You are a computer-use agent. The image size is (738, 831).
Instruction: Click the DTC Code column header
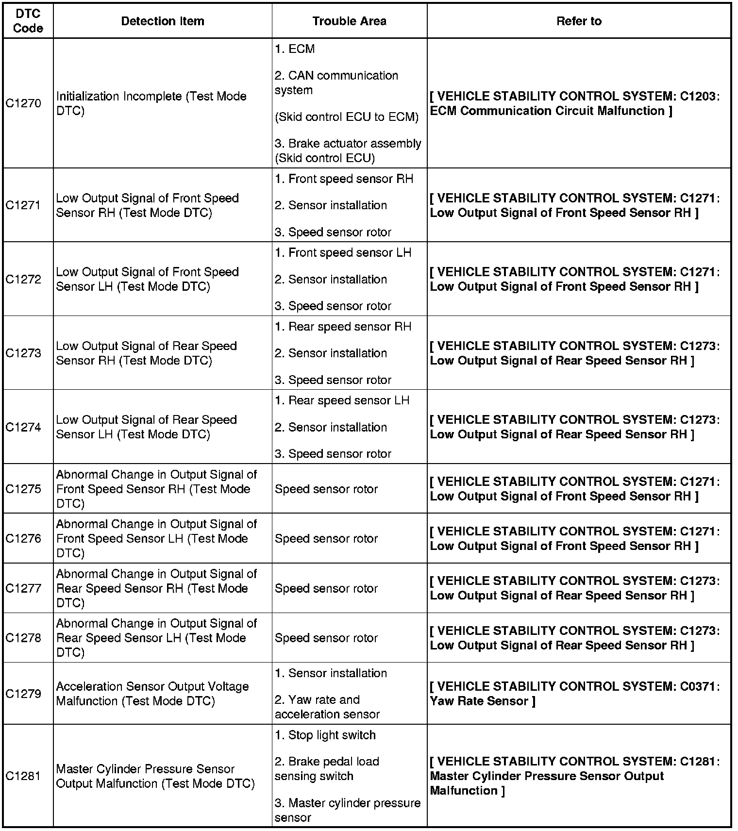pyautogui.click(x=28, y=21)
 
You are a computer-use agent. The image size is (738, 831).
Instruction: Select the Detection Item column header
pyautogui.click(x=162, y=21)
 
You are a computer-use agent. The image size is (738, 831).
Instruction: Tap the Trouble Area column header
pyautogui.click(x=349, y=21)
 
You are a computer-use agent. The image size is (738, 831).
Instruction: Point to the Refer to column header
pyautogui.click(x=579, y=21)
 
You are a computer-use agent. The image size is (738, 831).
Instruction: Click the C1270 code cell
pyautogui.click(x=23, y=103)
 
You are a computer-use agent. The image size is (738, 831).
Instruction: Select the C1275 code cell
pyautogui.click(x=23, y=489)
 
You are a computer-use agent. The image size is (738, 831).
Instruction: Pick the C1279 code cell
pyautogui.click(x=23, y=694)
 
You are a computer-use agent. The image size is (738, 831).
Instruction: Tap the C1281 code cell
pyautogui.click(x=23, y=776)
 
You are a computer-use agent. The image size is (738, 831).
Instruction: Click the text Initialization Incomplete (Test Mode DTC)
pyautogui.click(x=151, y=103)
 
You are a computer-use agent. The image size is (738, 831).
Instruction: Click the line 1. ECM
pyautogui.click(x=295, y=49)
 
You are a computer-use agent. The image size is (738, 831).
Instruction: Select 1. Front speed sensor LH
pyautogui.click(x=343, y=253)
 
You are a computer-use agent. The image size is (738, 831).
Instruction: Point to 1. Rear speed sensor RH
pyautogui.click(x=343, y=327)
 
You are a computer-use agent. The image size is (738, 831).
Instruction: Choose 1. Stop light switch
pyautogui.click(x=325, y=735)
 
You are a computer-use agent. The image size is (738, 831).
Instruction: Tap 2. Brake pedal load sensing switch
pyautogui.click(x=327, y=769)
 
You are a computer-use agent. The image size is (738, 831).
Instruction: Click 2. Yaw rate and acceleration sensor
pyautogui.click(x=327, y=707)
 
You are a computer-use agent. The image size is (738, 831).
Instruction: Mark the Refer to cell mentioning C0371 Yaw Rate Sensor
pyautogui.click(x=575, y=694)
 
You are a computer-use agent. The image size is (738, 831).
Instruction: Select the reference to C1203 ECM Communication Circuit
pyautogui.click(x=575, y=103)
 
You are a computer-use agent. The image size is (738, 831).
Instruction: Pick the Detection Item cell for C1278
pyautogui.click(x=156, y=638)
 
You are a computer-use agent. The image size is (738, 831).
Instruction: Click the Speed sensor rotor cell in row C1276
pyautogui.click(x=326, y=538)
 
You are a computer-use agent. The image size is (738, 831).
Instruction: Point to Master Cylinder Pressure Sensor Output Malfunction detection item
pyautogui.click(x=155, y=776)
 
